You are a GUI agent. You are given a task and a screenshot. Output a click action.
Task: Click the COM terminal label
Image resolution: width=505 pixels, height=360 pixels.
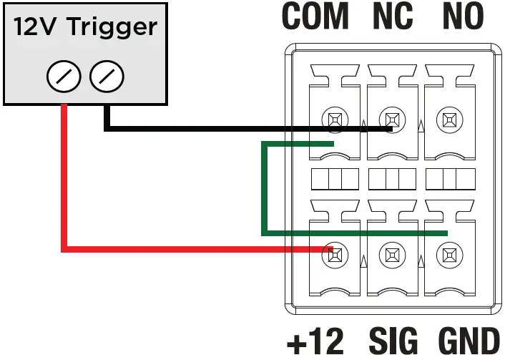tap(315, 17)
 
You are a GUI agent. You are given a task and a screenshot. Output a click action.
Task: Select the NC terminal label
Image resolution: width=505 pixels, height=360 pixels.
tap(392, 17)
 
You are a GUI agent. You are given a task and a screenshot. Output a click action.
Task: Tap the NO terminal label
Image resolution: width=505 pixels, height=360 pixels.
tap(463, 17)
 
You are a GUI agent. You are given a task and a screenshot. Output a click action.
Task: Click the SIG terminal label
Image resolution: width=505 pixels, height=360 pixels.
tap(391, 341)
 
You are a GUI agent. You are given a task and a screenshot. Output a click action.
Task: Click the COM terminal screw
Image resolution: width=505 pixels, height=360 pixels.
tap(333, 119)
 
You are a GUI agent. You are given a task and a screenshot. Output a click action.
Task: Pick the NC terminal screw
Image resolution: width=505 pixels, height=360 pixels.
tap(391, 119)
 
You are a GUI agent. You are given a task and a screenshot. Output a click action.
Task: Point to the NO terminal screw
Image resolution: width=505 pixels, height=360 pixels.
tap(448, 119)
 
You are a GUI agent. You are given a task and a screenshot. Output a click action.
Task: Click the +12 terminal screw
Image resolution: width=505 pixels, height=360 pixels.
tap(333, 254)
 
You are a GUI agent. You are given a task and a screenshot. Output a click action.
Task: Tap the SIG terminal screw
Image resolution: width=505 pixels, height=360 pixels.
tap(391, 254)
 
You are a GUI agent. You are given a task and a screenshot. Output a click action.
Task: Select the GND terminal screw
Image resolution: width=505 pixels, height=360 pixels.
tap(448, 254)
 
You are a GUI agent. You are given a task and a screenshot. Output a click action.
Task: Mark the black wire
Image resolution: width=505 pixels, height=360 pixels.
tap(215, 129)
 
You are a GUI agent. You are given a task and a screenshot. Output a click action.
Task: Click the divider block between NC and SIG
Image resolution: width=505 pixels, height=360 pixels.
tap(391, 177)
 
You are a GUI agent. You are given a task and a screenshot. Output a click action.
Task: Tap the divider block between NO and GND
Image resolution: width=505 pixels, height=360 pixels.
tap(449, 177)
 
